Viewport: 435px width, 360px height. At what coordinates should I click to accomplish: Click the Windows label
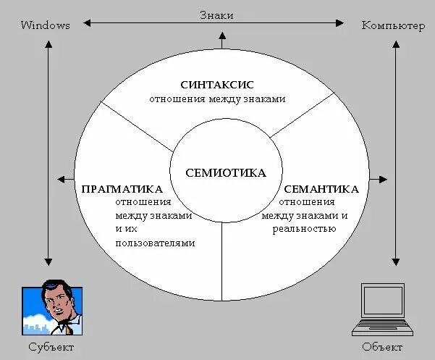(46, 25)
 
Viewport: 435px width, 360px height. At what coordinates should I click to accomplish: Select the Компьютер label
(393, 25)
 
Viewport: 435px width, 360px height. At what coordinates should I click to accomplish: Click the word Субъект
(51, 347)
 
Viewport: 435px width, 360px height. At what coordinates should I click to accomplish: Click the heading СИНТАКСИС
(218, 85)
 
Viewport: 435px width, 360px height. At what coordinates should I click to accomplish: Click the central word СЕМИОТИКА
(226, 173)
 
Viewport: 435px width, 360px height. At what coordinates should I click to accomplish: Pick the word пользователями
(155, 243)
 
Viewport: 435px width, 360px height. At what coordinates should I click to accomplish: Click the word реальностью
(304, 229)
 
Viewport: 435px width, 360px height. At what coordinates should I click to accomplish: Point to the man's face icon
(58, 301)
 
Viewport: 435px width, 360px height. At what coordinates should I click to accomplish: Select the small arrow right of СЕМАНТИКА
(384, 178)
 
